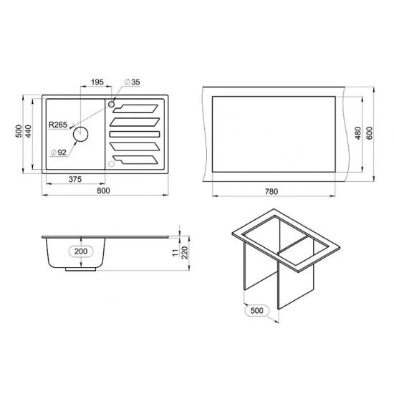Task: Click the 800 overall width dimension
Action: pyautogui.click(x=103, y=191)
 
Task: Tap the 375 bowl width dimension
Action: pyautogui.click(x=75, y=179)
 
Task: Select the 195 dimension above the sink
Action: pyautogui.click(x=97, y=82)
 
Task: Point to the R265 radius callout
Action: pyautogui.click(x=58, y=125)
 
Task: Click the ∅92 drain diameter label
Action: pyautogui.click(x=58, y=153)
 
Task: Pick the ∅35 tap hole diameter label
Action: pyautogui.click(x=133, y=82)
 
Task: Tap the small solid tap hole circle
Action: pyautogui.click(x=111, y=104)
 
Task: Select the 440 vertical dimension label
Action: pyautogui.click(x=29, y=131)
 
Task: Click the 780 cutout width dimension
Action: pyautogui.click(x=272, y=192)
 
